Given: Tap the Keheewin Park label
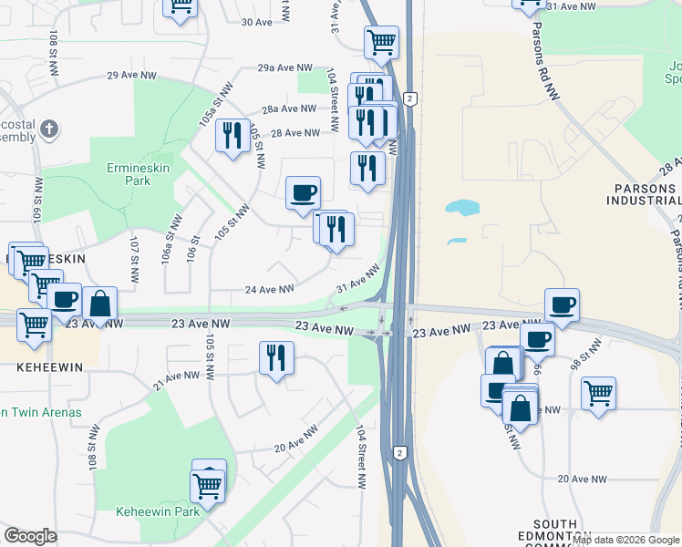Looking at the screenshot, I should pyautogui.click(x=157, y=511).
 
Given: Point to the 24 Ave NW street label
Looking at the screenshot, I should pyautogui.click(x=269, y=290).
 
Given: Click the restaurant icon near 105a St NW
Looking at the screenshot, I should pyautogui.click(x=232, y=136).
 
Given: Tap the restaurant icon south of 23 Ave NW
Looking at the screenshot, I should pyautogui.click(x=275, y=357).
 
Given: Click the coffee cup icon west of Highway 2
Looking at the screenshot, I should pyautogui.click(x=303, y=192).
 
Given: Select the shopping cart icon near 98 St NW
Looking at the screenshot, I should pyautogui.click(x=598, y=393).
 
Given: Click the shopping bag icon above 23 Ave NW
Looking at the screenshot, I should pyautogui.click(x=100, y=304).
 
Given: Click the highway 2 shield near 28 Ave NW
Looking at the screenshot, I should pyautogui.click(x=412, y=98).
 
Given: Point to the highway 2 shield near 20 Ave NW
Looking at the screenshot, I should pyautogui.click(x=399, y=452).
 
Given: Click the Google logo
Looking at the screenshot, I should pyautogui.click(x=30, y=536).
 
